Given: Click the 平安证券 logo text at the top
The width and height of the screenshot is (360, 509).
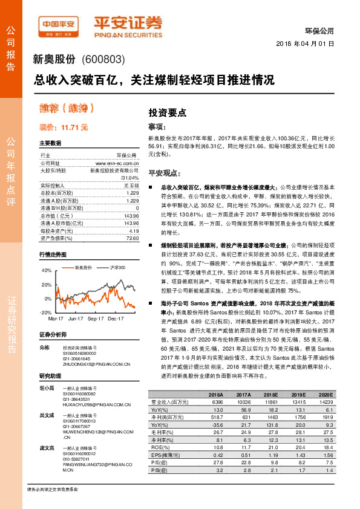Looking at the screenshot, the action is click(x=128, y=22).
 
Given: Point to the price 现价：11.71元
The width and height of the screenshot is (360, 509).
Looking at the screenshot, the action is click(x=64, y=127).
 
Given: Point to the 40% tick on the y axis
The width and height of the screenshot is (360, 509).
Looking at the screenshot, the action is click(x=46, y=270).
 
